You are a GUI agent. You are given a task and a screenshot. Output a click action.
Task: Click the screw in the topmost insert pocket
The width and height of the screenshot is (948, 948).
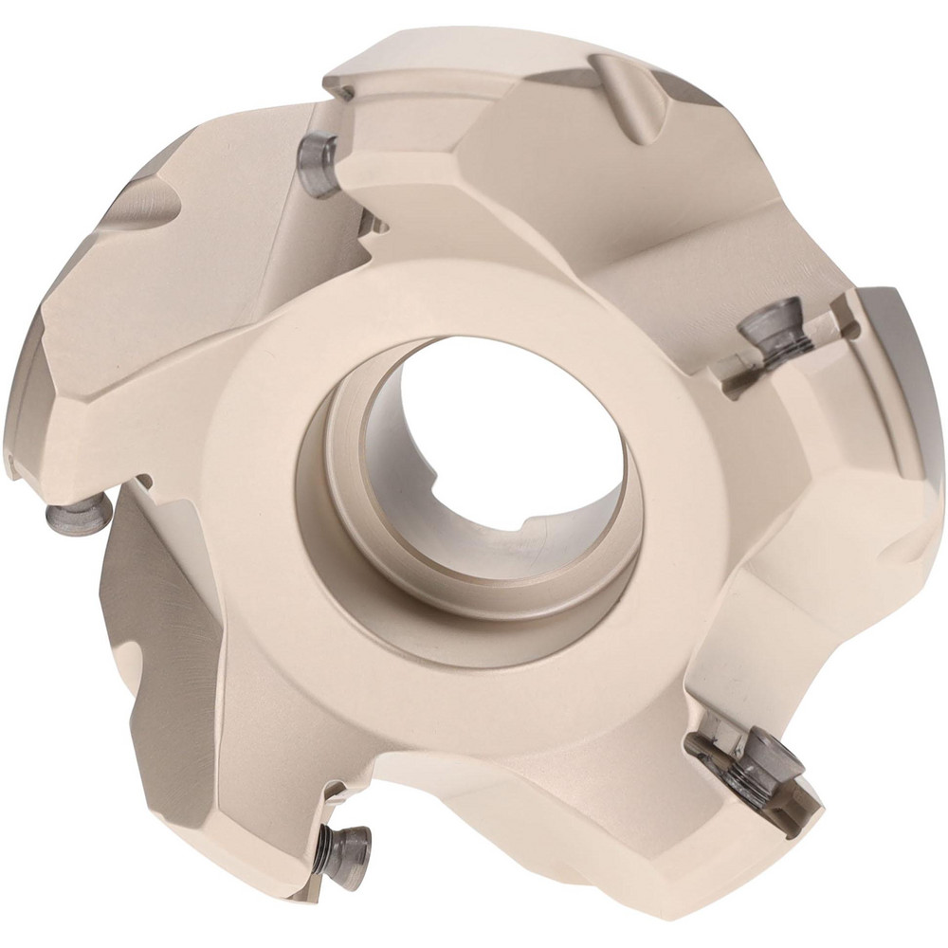click(x=318, y=163)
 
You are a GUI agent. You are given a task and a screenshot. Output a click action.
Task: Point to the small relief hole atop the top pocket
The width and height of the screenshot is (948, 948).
click(x=344, y=93)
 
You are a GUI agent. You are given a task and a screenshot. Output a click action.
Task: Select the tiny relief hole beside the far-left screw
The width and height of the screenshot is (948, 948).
click(x=144, y=482)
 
